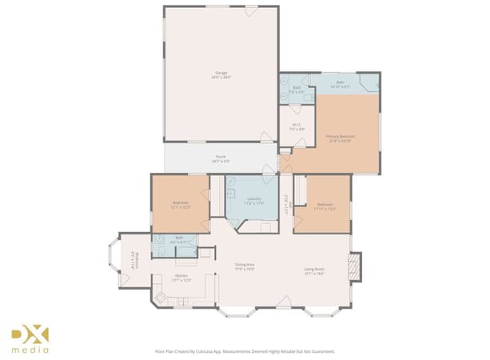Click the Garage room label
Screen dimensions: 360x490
click(x=221, y=75)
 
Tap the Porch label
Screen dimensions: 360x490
click(x=221, y=158)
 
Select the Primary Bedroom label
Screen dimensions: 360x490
click(x=340, y=138)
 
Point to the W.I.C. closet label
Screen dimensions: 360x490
click(x=295, y=126)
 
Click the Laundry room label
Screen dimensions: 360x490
click(x=254, y=201)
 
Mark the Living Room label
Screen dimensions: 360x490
click(x=313, y=270)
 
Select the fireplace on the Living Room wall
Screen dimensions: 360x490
click(x=357, y=266)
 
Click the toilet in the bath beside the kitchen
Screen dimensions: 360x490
click(x=160, y=251)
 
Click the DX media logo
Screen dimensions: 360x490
click(x=30, y=339)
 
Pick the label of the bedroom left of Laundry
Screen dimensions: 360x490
click(x=181, y=205)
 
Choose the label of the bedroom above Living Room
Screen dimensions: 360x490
click(x=324, y=206)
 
